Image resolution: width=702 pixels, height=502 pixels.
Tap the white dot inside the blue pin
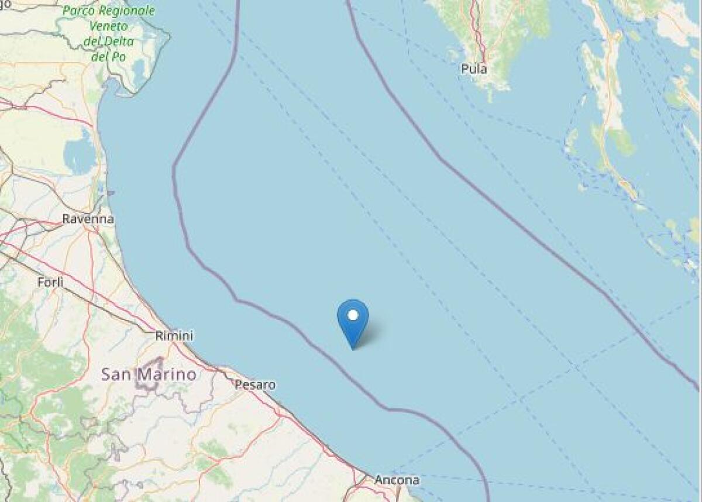353,315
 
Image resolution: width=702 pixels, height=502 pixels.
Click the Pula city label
474,69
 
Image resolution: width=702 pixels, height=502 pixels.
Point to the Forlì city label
50,282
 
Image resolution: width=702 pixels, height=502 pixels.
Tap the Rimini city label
174,336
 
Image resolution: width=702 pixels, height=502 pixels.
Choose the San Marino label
149,374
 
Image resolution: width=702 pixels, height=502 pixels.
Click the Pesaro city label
254,385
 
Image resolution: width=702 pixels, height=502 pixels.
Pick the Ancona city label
397,480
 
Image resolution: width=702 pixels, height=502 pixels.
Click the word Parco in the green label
80,11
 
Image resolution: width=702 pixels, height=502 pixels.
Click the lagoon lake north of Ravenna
80,154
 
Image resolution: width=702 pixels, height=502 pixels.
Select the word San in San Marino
114,374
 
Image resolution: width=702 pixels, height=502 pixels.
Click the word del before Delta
92,42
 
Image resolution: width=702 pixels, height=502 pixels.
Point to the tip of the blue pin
353,349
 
